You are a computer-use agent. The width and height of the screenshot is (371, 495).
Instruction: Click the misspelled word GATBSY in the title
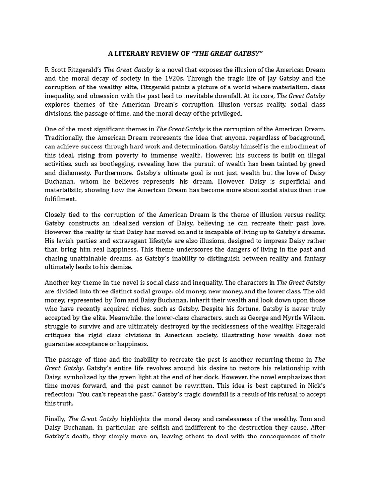(x=246, y=53)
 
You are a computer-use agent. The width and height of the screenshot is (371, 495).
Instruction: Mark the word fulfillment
(x=60, y=199)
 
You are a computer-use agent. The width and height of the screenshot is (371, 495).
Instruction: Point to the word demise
(x=120, y=267)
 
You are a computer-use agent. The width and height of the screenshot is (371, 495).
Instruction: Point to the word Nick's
(x=314, y=386)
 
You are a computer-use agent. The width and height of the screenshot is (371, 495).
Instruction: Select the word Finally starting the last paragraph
(x=55, y=419)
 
